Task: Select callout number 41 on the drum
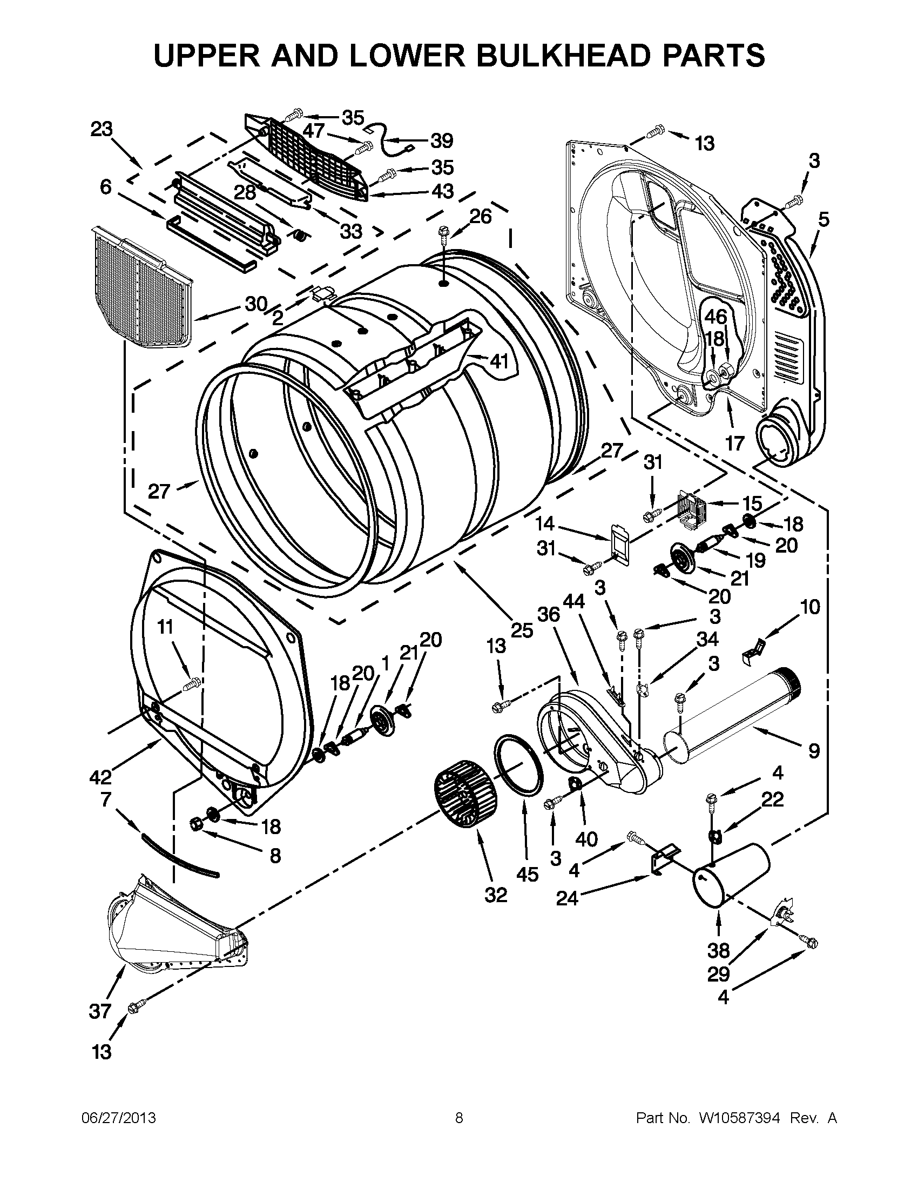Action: coord(498,360)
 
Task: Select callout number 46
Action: coord(716,317)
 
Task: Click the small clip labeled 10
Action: coord(753,650)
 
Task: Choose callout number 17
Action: coord(734,443)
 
